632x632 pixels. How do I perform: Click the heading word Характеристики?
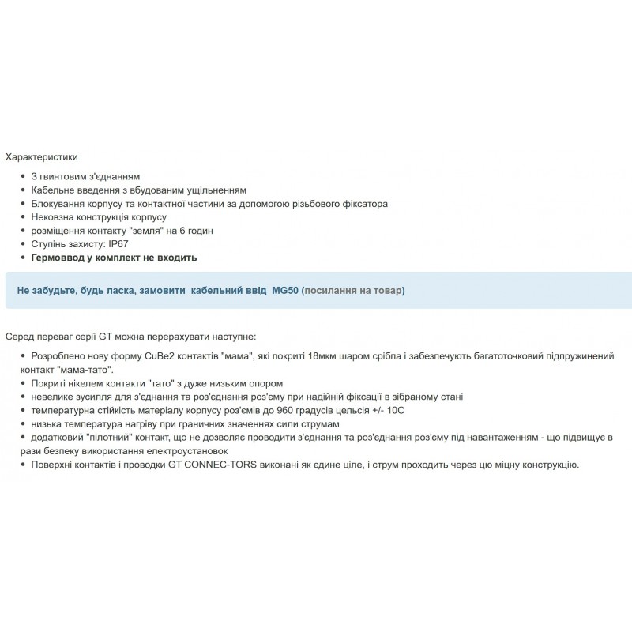(41, 157)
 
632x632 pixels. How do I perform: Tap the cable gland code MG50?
(284, 291)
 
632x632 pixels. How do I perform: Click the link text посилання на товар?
(353, 291)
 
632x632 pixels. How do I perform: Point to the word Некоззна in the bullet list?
(53, 217)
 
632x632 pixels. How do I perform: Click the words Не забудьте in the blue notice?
(47, 291)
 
